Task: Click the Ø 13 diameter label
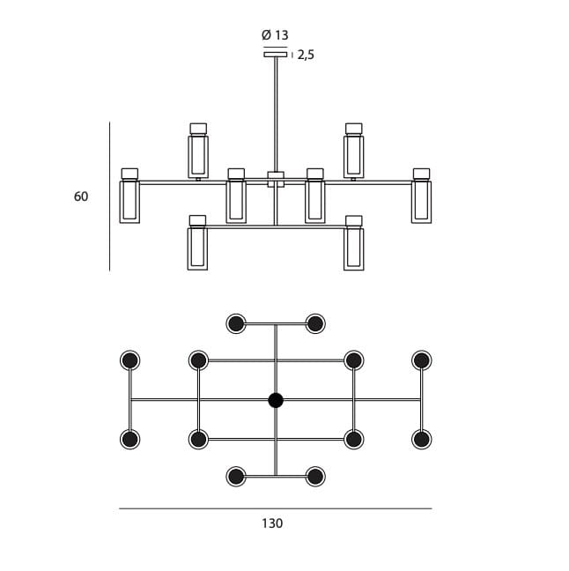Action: (275, 35)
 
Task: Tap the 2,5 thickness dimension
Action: (306, 55)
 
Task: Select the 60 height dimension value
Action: (81, 197)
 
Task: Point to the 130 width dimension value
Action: (272, 523)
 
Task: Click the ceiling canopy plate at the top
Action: (276, 55)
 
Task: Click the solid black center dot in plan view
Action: (276, 401)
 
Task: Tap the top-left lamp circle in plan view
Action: (236, 323)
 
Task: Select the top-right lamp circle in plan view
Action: (315, 323)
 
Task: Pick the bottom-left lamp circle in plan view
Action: (236, 477)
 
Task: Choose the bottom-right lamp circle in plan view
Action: (315, 477)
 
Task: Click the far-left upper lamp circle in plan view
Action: (130, 360)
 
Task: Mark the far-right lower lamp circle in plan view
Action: (422, 439)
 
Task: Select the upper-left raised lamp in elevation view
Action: (198, 151)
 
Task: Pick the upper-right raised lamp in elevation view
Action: (354, 151)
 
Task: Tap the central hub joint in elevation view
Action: (276, 178)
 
